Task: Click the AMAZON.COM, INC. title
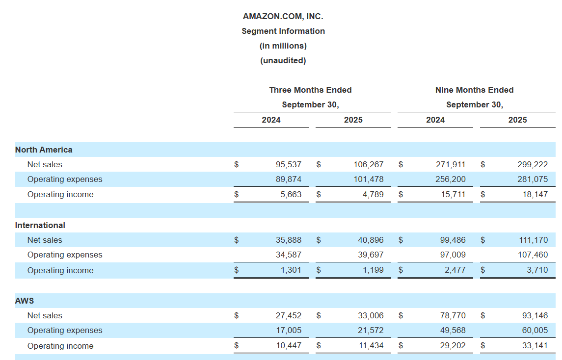[283, 16]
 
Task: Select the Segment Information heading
[283, 31]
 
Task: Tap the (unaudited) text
[283, 60]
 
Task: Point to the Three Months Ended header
[310, 90]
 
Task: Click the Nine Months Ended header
[474, 90]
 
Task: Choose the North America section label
[44, 150]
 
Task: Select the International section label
[40, 225]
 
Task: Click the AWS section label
[25, 301]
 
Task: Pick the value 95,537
[289, 164]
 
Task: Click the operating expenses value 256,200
[451, 179]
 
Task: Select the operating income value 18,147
[535, 194]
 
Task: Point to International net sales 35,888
[289, 240]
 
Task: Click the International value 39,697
[371, 255]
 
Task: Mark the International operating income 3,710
[537, 270]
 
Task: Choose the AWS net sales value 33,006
[371, 315]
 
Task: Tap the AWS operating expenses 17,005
[289, 330]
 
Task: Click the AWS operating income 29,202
[453, 345]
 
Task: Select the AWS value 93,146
[535, 315]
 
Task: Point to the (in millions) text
[283, 46]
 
